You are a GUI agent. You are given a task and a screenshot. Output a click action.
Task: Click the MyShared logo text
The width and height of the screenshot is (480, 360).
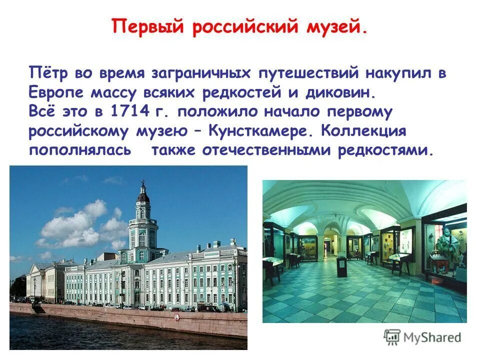coord(432,337)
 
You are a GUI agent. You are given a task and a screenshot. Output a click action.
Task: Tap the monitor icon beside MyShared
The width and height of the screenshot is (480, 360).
coord(392,337)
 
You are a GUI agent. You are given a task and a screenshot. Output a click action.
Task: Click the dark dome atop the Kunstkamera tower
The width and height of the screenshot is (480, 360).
coord(143,195)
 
